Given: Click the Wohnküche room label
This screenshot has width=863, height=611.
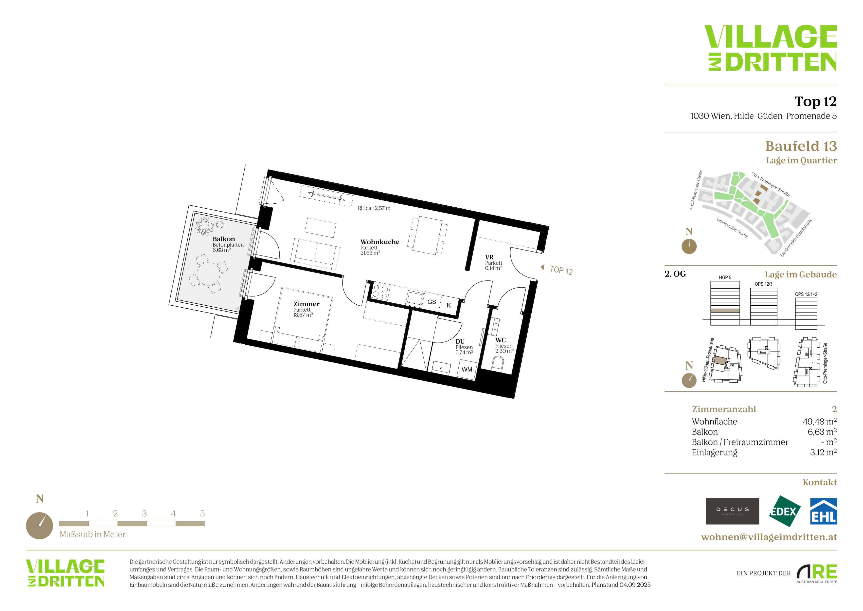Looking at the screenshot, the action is point(380,242).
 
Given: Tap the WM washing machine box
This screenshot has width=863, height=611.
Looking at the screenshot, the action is point(467,369).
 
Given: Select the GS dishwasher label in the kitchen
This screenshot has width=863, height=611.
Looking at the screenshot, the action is point(431,302).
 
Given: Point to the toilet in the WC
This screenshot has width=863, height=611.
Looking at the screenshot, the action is point(498,364).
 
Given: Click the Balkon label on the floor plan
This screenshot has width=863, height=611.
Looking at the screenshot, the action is point(224,239).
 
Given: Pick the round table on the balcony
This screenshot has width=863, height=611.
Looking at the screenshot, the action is point(208,274).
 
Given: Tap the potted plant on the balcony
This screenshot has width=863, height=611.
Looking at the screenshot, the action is point(204,226).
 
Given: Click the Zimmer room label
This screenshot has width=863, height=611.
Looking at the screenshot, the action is point(306,304).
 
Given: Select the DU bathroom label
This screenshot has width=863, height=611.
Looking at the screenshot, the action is point(460,342).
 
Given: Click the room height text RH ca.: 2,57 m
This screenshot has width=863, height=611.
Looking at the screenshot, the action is point(374,208).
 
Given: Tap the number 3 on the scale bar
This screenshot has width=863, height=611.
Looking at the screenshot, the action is point(144,513).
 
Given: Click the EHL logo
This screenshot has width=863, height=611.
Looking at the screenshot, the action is point(823,511).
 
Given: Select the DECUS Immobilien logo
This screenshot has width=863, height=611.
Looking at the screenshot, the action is point(732,511).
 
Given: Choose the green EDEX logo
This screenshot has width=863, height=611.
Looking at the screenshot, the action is point(784,511).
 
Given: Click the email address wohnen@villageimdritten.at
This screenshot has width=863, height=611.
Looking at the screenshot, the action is point(769,537).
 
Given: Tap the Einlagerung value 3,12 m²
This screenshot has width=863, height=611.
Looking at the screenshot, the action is point(823,452).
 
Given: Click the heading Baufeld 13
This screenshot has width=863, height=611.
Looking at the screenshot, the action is point(801,146).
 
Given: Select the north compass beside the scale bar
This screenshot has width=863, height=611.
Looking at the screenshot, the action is point(39,526).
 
